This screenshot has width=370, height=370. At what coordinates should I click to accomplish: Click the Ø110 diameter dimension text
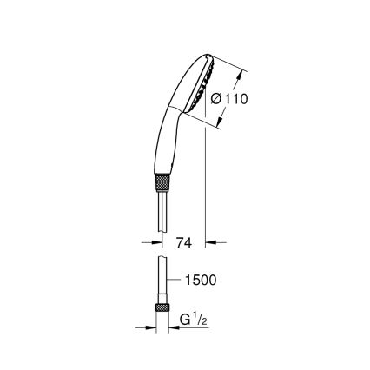click(x=229, y=99)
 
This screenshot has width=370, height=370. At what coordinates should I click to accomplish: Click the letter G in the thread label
click(x=183, y=321)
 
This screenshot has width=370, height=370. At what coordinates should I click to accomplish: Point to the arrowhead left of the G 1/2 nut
click(x=149, y=327)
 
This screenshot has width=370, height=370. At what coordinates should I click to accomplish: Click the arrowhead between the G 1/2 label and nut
click(x=172, y=327)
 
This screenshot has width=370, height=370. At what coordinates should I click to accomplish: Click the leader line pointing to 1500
click(x=172, y=280)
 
